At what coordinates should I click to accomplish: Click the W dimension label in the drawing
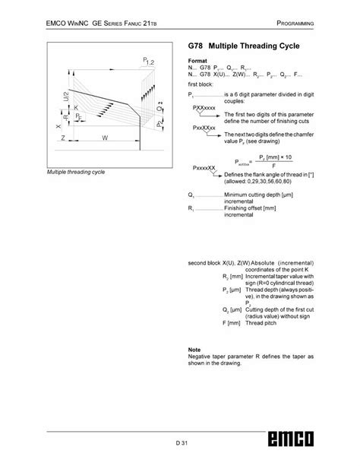pyautogui.click(x=104, y=138)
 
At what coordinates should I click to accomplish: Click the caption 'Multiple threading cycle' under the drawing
pyautogui.click(x=76, y=173)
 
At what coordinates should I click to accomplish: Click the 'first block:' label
pyautogui.click(x=201, y=84)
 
